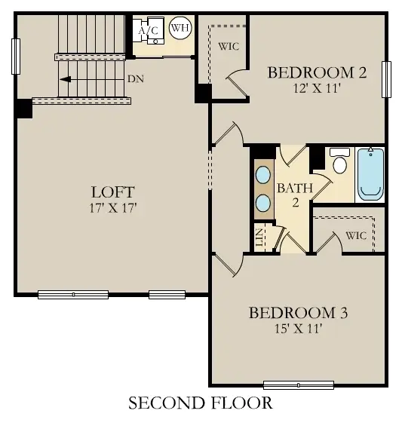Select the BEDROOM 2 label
coord(317,73)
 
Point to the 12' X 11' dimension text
coord(318,87)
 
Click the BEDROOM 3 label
coord(298,312)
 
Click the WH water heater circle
coord(180,29)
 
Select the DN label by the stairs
coord(136,78)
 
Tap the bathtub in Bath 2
coord(370,174)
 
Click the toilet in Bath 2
coord(339,161)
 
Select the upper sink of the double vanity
coord(264,175)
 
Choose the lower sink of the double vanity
coord(264,202)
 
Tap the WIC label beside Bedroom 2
coord(229,46)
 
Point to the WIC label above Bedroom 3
coord(356,236)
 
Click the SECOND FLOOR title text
coord(201,403)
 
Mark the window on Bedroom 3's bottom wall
coord(299,385)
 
